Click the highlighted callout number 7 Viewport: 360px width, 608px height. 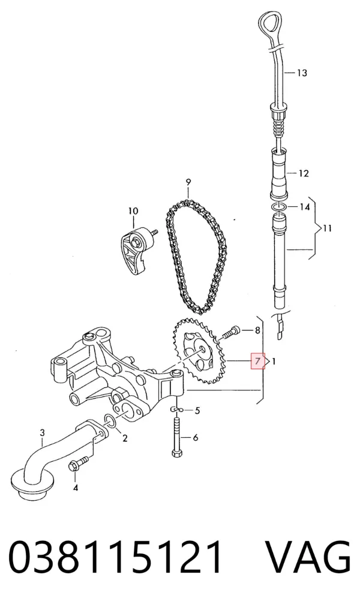click(258, 362)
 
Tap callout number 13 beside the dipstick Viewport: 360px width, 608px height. click(302, 73)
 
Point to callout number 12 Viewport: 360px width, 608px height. click(304, 173)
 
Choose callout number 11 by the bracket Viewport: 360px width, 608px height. click(327, 228)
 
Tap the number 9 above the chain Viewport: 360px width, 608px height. click(188, 182)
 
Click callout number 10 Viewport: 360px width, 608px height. click(133, 211)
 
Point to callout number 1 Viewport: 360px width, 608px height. click(274, 362)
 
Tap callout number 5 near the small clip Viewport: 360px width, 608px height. click(197, 410)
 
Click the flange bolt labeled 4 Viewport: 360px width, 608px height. click(78, 463)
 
